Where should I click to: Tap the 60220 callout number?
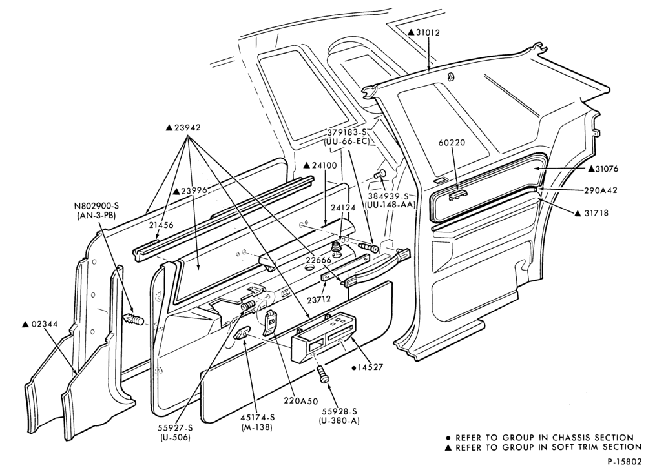click(x=452, y=143)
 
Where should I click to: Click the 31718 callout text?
click(x=597, y=213)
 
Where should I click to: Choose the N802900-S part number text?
click(x=95, y=205)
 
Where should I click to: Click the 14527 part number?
click(x=368, y=367)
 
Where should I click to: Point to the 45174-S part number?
click(x=258, y=418)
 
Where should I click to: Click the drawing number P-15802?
click(x=624, y=462)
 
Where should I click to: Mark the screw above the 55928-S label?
click(x=323, y=374)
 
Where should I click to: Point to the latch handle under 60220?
click(x=457, y=196)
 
